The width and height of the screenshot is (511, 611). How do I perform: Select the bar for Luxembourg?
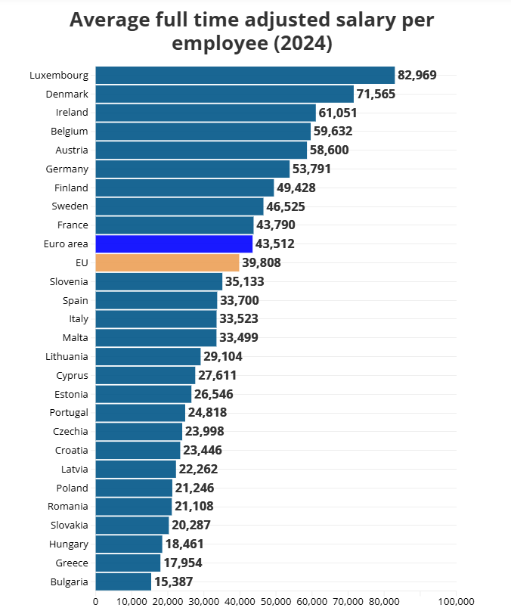pyautogui.click(x=245, y=75)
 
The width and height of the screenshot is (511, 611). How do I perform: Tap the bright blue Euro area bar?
pyautogui.click(x=174, y=243)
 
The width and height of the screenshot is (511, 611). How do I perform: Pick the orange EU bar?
pyautogui.click(x=167, y=262)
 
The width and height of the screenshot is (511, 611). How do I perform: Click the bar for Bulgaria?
pyautogui.click(x=123, y=582)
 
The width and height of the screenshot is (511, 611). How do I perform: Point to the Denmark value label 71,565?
pyautogui.click(x=376, y=94)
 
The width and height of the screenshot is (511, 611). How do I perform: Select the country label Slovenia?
pyautogui.click(x=70, y=281)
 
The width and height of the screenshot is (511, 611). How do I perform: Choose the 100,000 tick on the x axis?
pyautogui.click(x=456, y=601)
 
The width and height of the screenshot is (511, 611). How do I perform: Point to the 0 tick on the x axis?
pyautogui.click(x=95, y=601)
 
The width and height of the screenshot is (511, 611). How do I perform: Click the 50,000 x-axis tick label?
pyautogui.click(x=275, y=601)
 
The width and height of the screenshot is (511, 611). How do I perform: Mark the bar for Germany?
pyautogui.click(x=193, y=169)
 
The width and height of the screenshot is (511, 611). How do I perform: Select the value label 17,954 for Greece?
pyautogui.click(x=182, y=563)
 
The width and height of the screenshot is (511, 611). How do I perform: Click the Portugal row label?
pyautogui.click(x=68, y=412)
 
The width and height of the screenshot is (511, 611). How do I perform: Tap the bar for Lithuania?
pyautogui.click(x=148, y=356)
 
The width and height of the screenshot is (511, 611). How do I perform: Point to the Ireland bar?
pyautogui.click(x=206, y=112)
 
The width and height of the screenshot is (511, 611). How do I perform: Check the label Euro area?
pyautogui.click(x=67, y=243)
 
